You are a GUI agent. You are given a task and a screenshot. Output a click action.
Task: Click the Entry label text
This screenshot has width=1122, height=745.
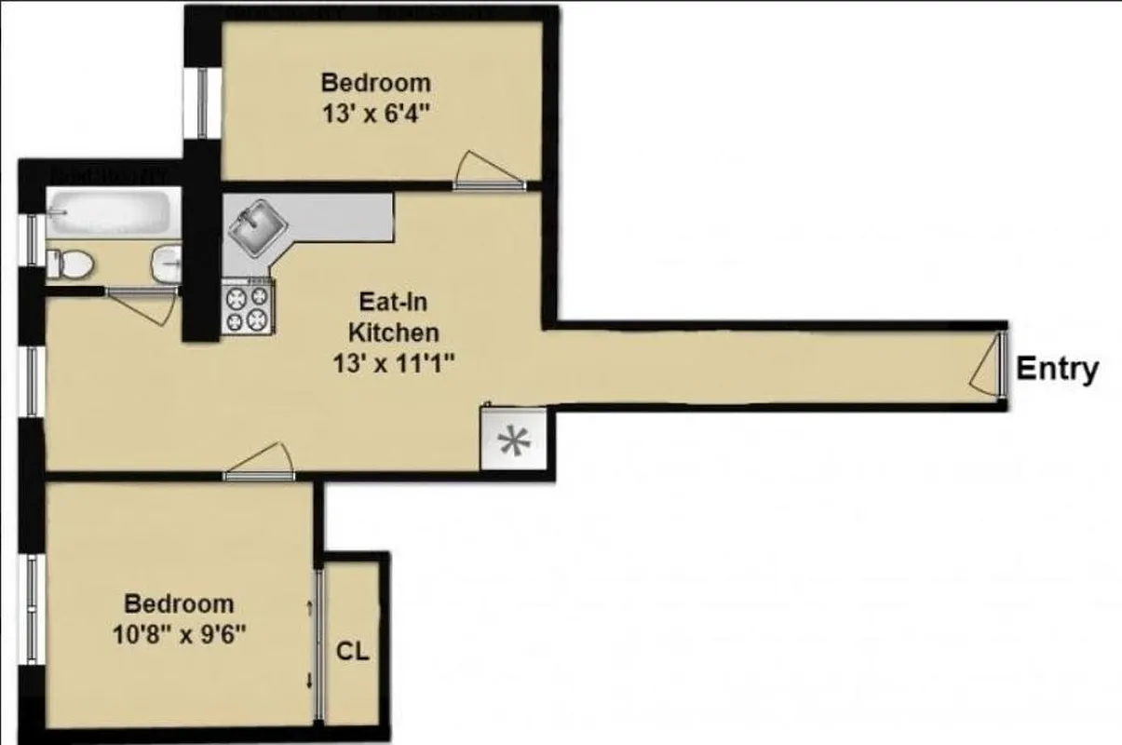[1057, 369]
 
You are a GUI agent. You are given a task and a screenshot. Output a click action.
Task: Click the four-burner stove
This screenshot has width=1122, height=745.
[248, 308]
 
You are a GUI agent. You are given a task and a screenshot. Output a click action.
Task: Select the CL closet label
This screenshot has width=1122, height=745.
[353, 651]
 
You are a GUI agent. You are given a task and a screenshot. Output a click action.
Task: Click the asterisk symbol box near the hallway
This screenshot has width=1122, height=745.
[510, 441]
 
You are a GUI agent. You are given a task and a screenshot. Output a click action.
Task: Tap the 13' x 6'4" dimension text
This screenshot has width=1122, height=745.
[376, 115]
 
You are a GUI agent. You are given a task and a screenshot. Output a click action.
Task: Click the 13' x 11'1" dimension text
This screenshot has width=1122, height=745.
[392, 364]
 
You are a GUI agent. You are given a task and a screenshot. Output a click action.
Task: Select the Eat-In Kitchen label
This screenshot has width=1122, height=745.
[392, 317]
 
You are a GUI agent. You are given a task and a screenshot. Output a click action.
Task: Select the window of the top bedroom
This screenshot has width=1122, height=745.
[202, 102]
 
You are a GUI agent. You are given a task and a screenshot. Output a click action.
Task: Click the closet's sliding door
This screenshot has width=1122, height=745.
[318, 643]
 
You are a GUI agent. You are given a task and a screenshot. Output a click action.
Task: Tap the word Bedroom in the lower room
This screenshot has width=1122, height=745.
[179, 603]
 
